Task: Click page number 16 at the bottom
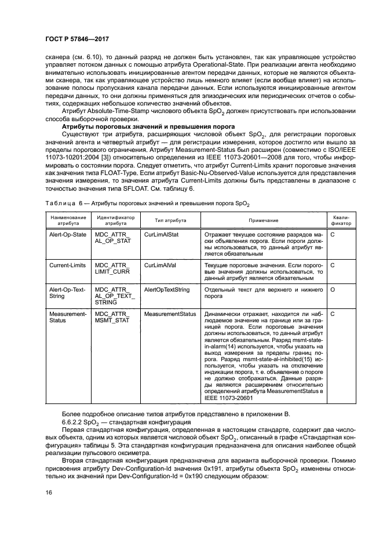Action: [x=48, y=493]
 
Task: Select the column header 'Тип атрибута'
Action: [x=170, y=220]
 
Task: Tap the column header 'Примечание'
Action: [x=263, y=220]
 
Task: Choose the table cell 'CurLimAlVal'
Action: [x=161, y=265]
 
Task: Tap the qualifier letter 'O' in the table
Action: [x=333, y=289]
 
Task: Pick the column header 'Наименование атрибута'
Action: [x=68, y=220]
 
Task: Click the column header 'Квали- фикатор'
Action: [x=341, y=220]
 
